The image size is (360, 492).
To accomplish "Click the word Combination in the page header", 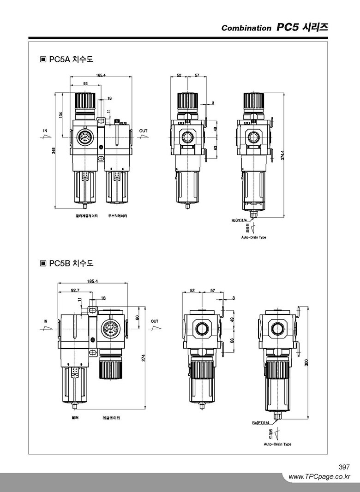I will pyautogui.click(x=246, y=28).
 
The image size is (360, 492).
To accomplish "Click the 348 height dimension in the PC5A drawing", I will pyautogui.click(x=54, y=151).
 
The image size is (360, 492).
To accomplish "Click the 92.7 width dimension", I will pyautogui.click(x=75, y=290).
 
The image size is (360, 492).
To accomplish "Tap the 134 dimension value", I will pyautogui.click(x=61, y=115).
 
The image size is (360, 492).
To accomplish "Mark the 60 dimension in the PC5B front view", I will pyautogui.click(x=137, y=317).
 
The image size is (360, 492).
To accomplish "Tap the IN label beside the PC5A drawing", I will pyautogui.click(x=45, y=131).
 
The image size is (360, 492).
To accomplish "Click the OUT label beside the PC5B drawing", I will pyautogui.click(x=154, y=321).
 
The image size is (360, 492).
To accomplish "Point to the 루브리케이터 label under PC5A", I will pyautogui.click(x=117, y=216).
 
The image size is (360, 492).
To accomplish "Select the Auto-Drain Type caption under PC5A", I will pyautogui.click(x=254, y=238).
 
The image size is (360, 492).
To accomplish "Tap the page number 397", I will pyautogui.click(x=344, y=467).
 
